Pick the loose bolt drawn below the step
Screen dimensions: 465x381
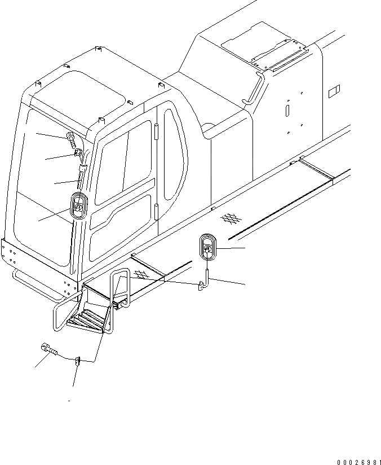(x=48, y=350)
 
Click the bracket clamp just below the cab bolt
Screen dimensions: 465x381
(x=79, y=153)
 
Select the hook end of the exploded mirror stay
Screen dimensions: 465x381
(x=201, y=288)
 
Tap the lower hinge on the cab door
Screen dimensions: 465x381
(x=156, y=213)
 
